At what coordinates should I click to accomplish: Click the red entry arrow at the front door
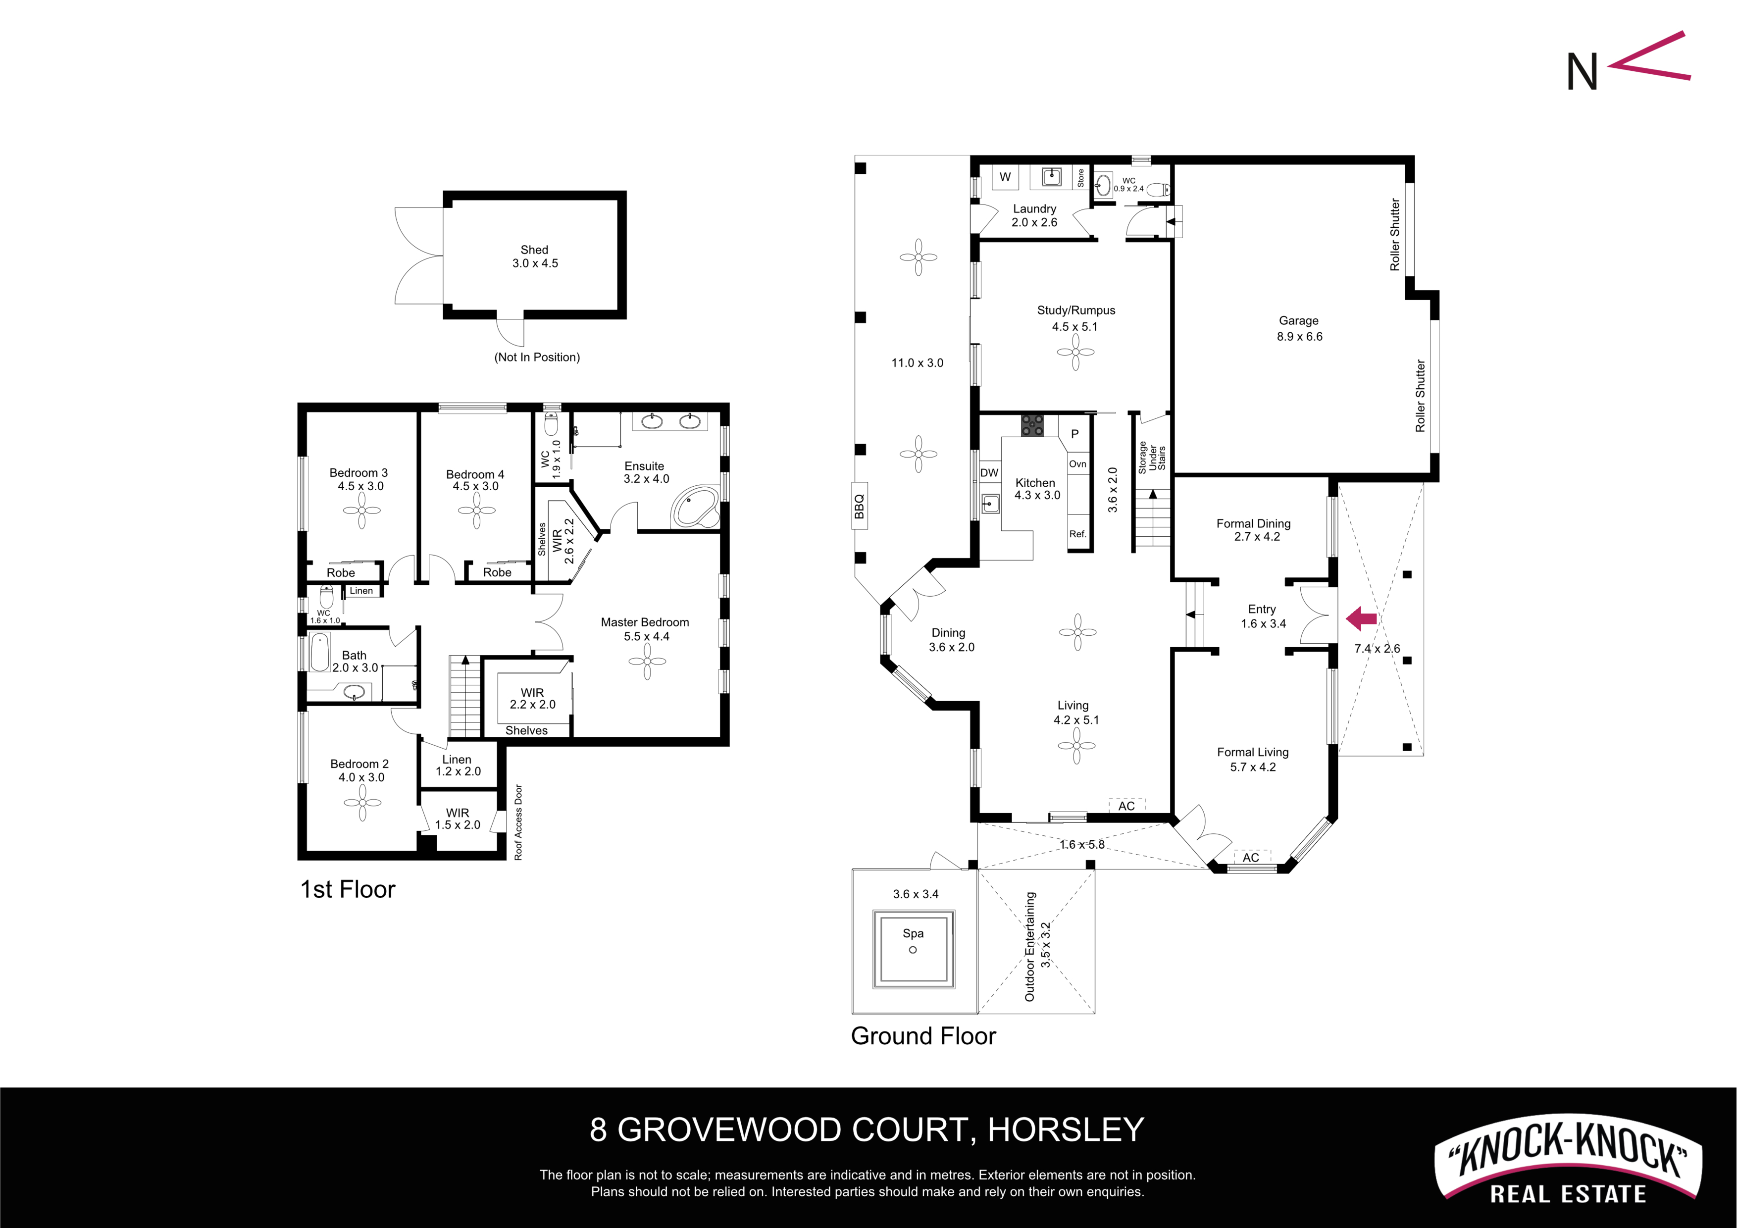[1361, 619]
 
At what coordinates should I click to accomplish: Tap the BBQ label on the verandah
[860, 506]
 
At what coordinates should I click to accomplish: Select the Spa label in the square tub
[913, 933]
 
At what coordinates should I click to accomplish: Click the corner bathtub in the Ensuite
[695, 507]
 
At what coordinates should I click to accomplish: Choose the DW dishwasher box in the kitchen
[989, 473]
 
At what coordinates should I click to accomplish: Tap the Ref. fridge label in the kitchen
[1078, 534]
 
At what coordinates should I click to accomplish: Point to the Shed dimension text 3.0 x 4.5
[535, 263]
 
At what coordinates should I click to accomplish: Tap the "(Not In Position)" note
[537, 357]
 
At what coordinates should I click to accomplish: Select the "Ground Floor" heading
[924, 1036]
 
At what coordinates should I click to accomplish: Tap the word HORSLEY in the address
[1066, 1129]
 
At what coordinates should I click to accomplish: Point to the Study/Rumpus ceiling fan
[1075, 352]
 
